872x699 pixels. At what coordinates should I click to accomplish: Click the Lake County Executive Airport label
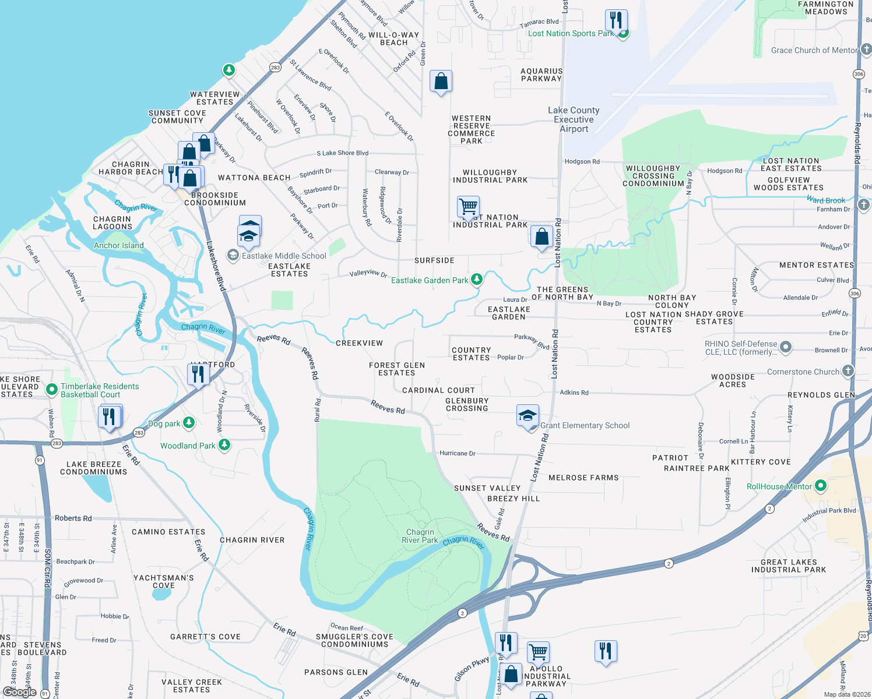[574, 119]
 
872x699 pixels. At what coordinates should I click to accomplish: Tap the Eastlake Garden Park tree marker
[477, 280]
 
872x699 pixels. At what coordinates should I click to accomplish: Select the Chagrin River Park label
[420, 536]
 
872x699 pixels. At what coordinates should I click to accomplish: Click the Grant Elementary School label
[585, 426]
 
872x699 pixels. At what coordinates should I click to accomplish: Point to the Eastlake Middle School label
[284, 256]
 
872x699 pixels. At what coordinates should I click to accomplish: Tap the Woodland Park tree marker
[224, 446]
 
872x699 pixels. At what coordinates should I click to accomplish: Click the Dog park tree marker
[189, 423]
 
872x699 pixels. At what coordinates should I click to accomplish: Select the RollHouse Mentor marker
[821, 485]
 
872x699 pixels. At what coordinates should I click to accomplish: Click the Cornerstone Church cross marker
[848, 371]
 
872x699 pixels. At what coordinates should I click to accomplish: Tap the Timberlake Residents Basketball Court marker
[52, 389]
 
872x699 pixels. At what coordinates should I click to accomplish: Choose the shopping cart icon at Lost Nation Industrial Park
[468, 206]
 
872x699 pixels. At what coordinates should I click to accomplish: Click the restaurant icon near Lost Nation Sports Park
[616, 20]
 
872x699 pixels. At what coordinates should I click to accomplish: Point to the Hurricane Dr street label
[457, 453]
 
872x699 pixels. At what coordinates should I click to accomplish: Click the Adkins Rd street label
[574, 393]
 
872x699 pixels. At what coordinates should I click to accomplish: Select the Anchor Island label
[118, 246]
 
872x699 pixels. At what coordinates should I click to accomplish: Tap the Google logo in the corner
[19, 692]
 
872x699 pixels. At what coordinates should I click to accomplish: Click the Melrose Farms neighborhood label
[583, 478]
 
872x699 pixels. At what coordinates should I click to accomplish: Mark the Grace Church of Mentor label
[814, 51]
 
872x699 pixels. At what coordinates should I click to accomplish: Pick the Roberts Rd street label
[73, 518]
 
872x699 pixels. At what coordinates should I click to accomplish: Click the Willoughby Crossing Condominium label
[653, 176]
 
